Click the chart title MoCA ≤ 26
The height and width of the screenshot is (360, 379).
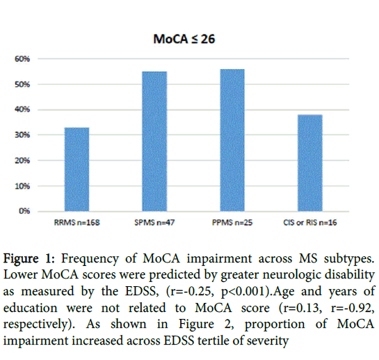184,39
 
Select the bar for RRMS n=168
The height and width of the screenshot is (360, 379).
77,169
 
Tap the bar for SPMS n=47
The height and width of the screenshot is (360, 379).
154,141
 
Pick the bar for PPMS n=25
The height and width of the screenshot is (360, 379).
232,140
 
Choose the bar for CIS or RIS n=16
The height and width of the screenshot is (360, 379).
310,163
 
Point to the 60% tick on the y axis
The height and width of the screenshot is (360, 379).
22,58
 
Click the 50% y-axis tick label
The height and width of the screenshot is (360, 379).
22,84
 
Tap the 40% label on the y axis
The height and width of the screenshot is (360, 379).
22,109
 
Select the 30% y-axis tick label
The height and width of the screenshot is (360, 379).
22,135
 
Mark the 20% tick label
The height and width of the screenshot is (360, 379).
22,161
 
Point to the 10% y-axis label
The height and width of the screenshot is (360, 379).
22,186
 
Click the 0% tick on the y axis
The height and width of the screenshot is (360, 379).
24,211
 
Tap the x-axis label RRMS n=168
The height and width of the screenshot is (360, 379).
77,223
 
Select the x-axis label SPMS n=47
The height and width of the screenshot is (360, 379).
154,223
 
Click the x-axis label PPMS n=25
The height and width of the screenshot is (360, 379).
232,223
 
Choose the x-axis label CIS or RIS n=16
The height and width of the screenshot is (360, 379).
310,223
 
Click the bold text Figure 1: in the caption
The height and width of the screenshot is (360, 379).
29,259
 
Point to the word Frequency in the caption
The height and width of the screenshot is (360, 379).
90,259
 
